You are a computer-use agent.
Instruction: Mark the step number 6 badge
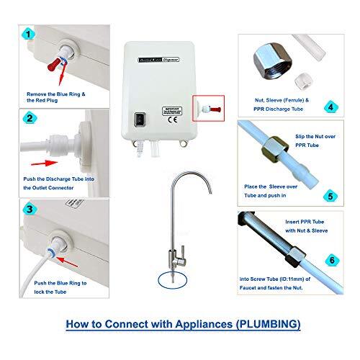(330, 258)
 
